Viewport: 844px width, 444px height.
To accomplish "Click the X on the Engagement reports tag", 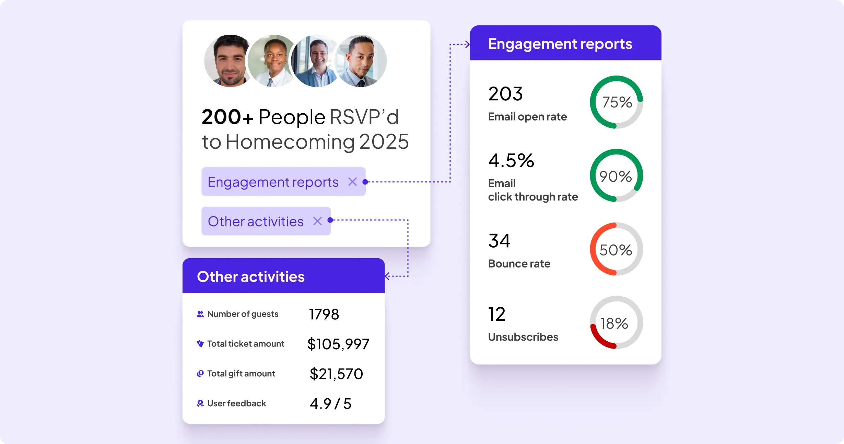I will coord(352,182).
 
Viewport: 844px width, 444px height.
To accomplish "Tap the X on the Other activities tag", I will coord(317,221).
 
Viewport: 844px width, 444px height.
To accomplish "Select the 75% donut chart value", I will coord(617,102).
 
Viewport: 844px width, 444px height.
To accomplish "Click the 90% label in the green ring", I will coord(616,176).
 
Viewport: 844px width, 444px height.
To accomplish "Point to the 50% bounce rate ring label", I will coord(616,250).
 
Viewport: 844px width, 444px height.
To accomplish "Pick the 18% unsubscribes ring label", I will coord(614,323).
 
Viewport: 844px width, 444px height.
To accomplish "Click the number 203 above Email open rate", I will coord(505,94).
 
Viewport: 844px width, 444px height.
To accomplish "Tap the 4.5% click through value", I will coord(511,161).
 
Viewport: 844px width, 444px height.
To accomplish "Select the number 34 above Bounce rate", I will coord(499,241).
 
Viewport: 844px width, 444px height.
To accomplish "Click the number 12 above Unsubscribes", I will coord(497,314).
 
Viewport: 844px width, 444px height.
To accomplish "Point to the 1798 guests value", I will coord(324,314).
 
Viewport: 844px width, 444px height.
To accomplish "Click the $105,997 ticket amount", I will coord(338,344).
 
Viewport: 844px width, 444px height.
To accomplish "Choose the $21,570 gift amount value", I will coord(336,374).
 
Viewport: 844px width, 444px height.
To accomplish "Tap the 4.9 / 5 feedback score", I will coord(330,404).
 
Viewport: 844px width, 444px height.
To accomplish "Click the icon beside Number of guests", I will coord(200,314).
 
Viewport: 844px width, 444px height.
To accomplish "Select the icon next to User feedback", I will coord(200,403).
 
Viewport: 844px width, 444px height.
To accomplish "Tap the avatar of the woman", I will coord(273,61).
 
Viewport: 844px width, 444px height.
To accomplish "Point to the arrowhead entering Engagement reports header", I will coord(467,44).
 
